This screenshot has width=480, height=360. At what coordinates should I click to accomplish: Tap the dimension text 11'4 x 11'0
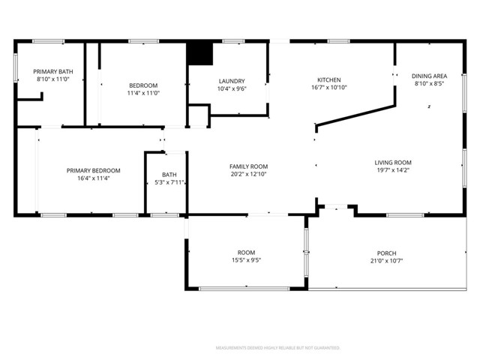(142, 92)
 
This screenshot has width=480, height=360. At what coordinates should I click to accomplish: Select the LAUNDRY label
(232, 81)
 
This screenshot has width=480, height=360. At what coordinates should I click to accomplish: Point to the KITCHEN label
(329, 79)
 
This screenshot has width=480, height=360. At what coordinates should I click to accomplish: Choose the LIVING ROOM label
(393, 163)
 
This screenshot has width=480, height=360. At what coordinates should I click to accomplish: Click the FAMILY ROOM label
(248, 166)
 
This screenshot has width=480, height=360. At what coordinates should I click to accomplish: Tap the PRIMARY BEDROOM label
(93, 171)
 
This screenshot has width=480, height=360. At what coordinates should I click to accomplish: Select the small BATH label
(169, 175)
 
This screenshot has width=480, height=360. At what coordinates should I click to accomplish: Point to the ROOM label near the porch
(246, 253)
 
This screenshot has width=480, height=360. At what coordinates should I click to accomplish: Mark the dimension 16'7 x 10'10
(329, 87)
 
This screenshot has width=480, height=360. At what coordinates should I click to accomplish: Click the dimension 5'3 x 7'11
(169, 182)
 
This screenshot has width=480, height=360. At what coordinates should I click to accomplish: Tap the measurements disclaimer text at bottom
(277, 348)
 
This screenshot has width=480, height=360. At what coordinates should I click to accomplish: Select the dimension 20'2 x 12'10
(248, 174)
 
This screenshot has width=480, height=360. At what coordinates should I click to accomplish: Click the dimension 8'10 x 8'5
(430, 84)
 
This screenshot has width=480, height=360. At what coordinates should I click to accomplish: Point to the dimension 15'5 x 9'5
(246, 260)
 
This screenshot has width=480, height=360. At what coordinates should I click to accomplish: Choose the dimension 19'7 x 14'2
(393, 170)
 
